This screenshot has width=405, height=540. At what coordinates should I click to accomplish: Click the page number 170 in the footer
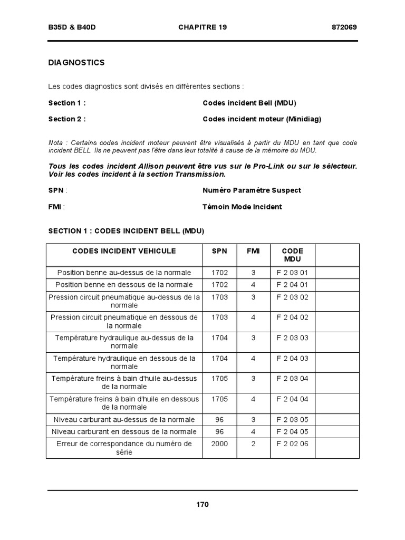[x=202, y=505]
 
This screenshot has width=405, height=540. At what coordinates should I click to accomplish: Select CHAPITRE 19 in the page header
[x=202, y=27]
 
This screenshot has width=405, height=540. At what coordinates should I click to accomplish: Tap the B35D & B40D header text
[x=72, y=27]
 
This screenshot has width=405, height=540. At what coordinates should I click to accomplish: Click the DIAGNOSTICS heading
[x=76, y=63]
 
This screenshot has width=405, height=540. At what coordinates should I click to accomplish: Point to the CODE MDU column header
[x=292, y=255]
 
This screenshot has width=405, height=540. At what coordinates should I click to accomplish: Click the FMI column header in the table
[x=253, y=251]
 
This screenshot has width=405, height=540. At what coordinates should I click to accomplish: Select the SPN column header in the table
[x=219, y=251]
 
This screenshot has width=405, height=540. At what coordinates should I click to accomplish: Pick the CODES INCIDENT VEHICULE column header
[x=124, y=251]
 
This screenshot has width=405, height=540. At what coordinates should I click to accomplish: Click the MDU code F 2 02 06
[x=292, y=443]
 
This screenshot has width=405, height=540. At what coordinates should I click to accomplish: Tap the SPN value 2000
[x=219, y=443]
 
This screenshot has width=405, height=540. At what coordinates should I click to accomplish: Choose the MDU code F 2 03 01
[x=292, y=273]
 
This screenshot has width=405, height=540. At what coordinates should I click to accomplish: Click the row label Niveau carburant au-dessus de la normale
[x=124, y=419]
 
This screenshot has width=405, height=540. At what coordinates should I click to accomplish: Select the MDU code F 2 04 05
[x=292, y=431]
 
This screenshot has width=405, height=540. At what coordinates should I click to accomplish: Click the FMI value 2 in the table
[x=253, y=443]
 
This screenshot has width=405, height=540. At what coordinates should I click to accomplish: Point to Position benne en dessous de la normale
[x=124, y=285]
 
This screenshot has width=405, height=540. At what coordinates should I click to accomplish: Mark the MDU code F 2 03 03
[x=292, y=337]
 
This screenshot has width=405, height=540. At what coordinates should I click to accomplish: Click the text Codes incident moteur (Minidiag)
[x=262, y=119]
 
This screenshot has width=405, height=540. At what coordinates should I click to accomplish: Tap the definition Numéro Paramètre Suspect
[x=252, y=190]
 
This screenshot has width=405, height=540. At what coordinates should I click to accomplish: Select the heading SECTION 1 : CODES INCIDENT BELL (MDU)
[x=126, y=231]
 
